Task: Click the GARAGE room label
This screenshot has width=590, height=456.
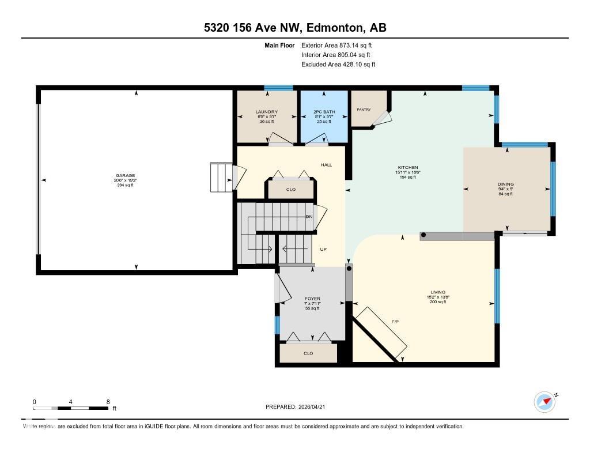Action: (125, 175)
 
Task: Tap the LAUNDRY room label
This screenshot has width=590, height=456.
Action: (267, 112)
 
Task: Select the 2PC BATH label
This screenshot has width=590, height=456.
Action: (323, 112)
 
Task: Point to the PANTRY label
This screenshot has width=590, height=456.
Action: (364, 110)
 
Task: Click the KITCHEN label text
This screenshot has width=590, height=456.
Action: (407, 168)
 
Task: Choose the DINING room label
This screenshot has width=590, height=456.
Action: (505, 184)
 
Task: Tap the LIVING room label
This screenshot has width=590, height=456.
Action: (437, 292)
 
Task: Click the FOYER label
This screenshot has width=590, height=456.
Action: (312, 299)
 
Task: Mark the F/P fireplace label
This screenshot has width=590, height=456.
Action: (395, 321)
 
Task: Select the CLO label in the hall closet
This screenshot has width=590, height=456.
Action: (291, 189)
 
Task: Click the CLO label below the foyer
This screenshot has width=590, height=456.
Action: (308, 353)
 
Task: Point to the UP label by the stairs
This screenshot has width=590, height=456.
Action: (323, 250)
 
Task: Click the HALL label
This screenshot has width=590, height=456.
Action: (327, 165)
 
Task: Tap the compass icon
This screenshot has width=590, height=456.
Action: (544, 401)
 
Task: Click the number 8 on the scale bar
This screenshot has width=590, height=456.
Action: (108, 402)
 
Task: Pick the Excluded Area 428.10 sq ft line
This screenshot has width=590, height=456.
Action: (338, 65)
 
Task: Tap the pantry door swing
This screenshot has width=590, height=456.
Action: (382, 118)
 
